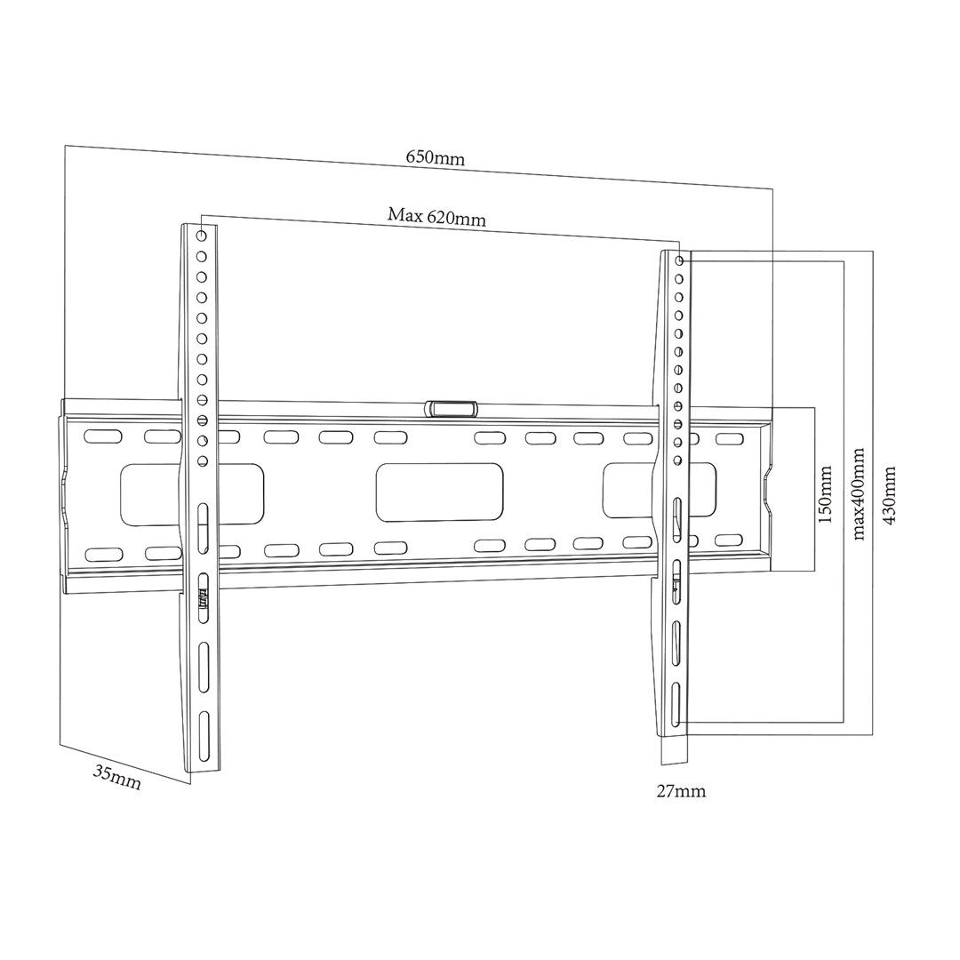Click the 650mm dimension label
point(436,157)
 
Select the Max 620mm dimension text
point(436,216)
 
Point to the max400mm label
point(859,494)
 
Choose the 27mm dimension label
point(682,790)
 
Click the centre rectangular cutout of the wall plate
point(440,492)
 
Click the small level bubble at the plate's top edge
point(451,408)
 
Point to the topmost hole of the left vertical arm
point(202,236)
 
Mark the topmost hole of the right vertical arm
point(680,261)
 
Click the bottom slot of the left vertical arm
point(204,739)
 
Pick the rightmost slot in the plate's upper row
point(728,439)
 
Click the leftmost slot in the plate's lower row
point(102,555)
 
